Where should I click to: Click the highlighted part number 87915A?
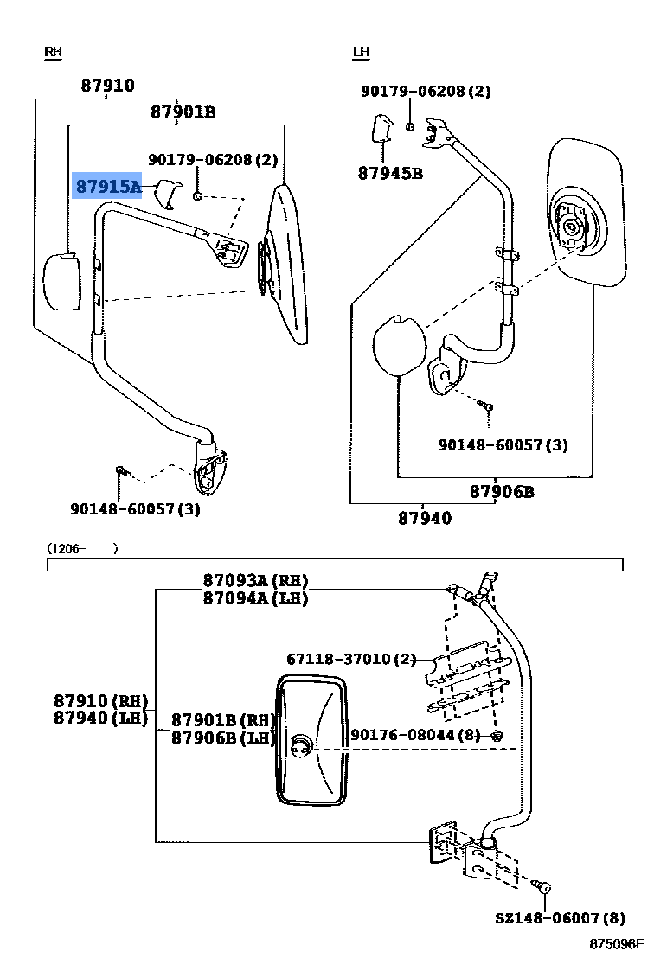(108, 186)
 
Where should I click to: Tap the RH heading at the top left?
(54, 53)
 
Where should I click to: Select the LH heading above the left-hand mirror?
(361, 53)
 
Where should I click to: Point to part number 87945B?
(390, 173)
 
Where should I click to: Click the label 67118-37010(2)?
(351, 660)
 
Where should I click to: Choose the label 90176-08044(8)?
(415, 735)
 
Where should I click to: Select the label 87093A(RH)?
(255, 580)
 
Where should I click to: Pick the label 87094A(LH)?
(255, 598)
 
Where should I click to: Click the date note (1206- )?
(81, 548)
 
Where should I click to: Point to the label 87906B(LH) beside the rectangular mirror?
(223, 738)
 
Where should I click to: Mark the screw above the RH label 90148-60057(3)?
(123, 472)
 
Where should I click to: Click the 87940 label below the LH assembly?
(425, 518)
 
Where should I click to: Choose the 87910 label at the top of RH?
(108, 86)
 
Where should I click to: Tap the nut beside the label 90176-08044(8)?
(497, 736)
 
